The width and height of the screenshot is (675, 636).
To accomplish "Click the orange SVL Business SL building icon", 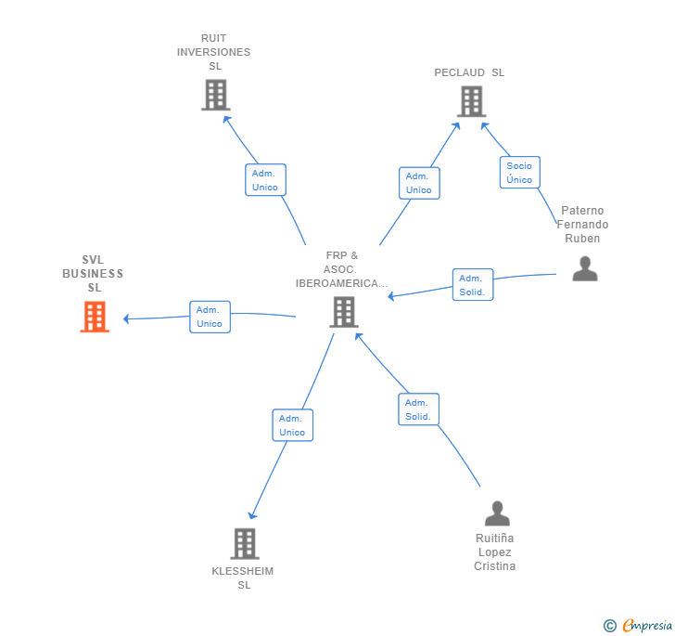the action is pyautogui.click(x=95, y=317).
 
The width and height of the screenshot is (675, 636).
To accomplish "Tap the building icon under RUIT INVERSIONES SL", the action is pyautogui.click(x=216, y=95).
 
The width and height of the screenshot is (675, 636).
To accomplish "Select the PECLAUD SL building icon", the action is pyautogui.click(x=471, y=101).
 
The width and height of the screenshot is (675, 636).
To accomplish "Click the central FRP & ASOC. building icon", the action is pyautogui.click(x=344, y=312).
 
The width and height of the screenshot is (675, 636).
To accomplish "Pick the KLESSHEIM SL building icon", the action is pyautogui.click(x=245, y=543).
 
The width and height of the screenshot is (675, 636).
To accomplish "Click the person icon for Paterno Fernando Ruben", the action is pyautogui.click(x=585, y=268).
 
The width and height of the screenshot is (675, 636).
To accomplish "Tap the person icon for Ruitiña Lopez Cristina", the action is pyautogui.click(x=497, y=513).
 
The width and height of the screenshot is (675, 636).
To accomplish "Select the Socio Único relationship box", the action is pyautogui.click(x=519, y=173).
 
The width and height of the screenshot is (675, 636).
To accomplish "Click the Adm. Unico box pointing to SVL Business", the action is pyautogui.click(x=210, y=317).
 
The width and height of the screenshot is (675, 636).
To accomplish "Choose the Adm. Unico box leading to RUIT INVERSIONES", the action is pyautogui.click(x=265, y=180).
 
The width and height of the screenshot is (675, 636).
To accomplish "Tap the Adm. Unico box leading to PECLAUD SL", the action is pyautogui.click(x=419, y=183).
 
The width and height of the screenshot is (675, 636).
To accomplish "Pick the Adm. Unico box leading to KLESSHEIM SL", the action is pyautogui.click(x=293, y=425).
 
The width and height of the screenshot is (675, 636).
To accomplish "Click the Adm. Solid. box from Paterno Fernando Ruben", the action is pyautogui.click(x=473, y=285).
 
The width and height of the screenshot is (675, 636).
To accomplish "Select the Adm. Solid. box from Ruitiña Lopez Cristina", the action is pyautogui.click(x=418, y=409).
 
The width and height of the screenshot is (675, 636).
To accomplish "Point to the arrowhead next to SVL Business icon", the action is pyautogui.click(x=126, y=318).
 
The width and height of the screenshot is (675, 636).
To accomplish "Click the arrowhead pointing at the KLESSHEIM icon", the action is pyautogui.click(x=252, y=515).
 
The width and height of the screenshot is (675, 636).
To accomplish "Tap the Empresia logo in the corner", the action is pyautogui.click(x=638, y=625).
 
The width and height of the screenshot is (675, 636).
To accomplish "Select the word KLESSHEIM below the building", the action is pyautogui.click(x=242, y=571).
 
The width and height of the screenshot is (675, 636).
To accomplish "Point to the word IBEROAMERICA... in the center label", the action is pyautogui.click(x=341, y=283).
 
